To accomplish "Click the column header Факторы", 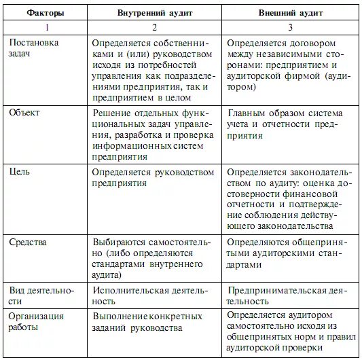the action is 43,13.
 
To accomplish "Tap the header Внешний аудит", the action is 289,13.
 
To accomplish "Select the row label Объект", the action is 24,113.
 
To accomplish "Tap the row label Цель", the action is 20,173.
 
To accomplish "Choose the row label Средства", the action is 27,241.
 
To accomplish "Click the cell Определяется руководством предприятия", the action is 148,178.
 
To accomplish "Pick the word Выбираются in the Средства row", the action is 116,241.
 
